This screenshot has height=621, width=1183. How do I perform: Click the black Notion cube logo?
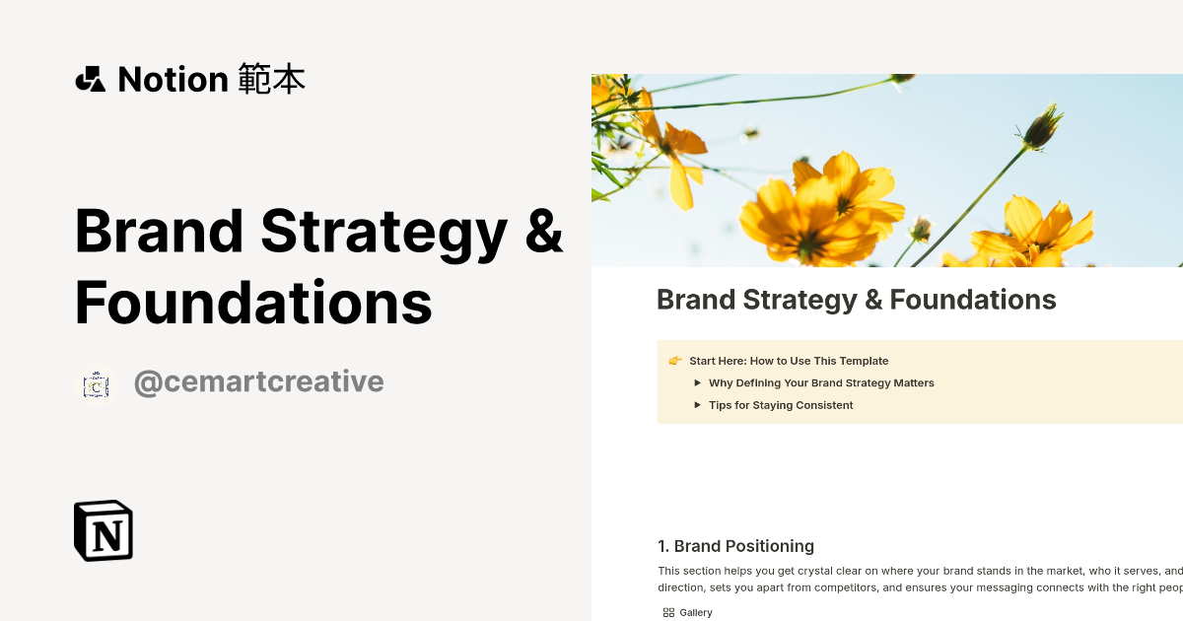(104, 530)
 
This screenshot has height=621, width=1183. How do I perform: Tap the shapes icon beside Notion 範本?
(90, 79)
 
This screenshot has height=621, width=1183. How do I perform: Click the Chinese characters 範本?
(272, 79)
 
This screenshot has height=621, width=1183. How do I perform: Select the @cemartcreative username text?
(258, 381)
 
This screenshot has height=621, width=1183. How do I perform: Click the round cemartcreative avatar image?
(96, 384)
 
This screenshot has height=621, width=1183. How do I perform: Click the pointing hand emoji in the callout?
(675, 361)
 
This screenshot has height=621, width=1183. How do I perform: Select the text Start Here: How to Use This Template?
(789, 361)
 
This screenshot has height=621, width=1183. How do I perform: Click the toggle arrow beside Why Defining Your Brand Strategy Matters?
(697, 382)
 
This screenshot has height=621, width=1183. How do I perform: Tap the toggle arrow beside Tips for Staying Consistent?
(697, 405)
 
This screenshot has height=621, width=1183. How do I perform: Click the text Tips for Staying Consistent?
(781, 405)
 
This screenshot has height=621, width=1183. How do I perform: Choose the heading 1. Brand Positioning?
(735, 546)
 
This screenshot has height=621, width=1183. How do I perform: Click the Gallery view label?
(696, 612)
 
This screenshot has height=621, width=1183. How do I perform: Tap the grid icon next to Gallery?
(668, 612)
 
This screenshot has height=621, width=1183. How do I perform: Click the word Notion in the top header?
(173, 79)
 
